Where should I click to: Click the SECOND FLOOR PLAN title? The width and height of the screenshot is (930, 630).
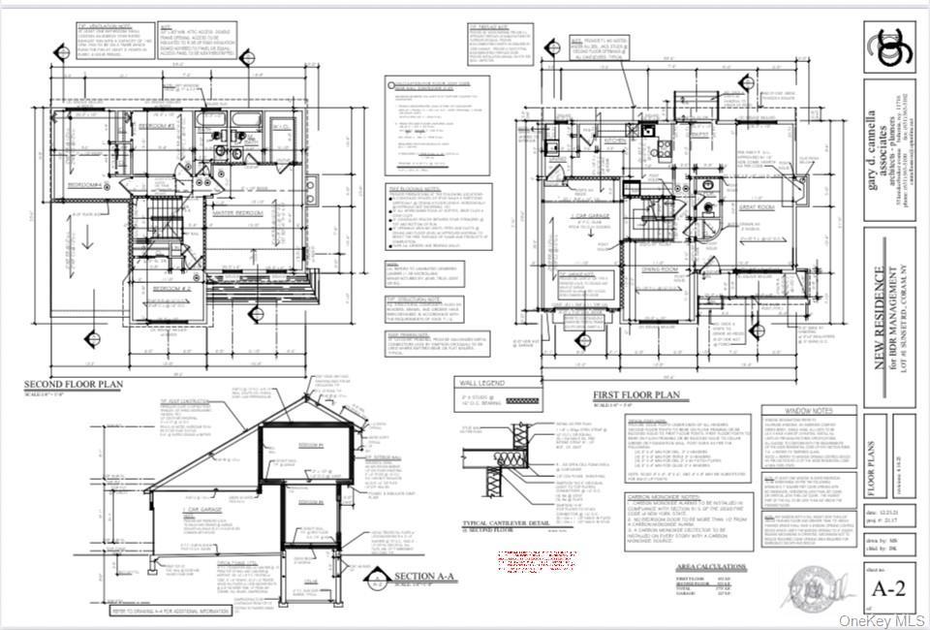[74, 386]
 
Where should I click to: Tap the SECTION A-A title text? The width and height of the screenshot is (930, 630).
[427, 579]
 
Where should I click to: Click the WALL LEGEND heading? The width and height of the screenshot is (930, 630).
[484, 384]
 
